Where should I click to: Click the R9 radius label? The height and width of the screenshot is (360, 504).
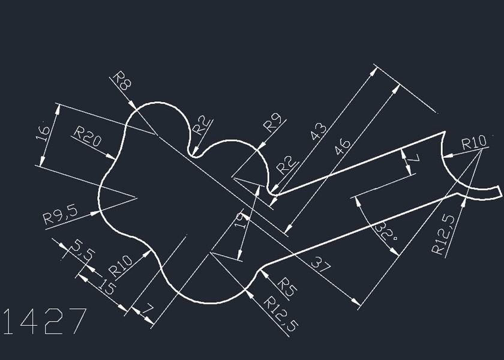tap(274, 123)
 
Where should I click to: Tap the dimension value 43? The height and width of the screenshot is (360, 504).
tap(320, 131)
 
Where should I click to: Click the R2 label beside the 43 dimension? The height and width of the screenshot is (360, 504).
tap(286, 164)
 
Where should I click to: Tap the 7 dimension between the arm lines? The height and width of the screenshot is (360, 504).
tap(413, 160)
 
